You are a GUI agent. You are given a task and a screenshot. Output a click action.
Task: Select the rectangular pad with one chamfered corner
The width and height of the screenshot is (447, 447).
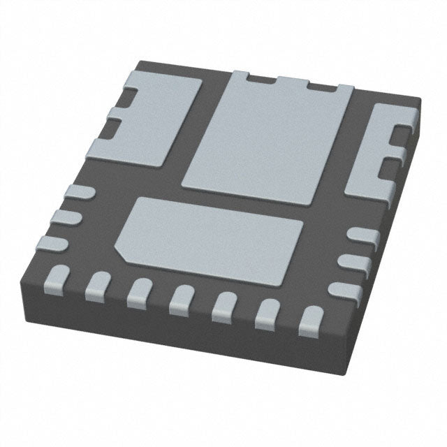[x=210, y=234]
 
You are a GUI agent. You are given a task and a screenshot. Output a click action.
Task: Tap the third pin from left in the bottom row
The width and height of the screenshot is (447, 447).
[x=139, y=290]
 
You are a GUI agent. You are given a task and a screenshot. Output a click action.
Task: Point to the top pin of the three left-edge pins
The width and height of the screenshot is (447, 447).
[x=77, y=193]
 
